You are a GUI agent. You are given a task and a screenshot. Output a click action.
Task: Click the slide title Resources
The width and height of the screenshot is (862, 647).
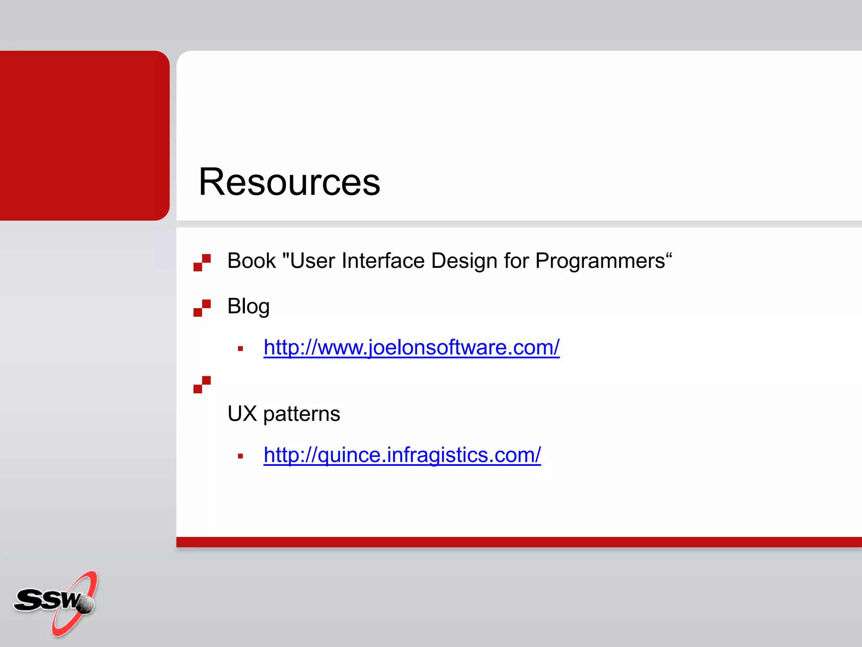[x=289, y=182]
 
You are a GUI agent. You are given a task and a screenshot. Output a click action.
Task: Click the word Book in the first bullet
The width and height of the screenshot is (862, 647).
[x=251, y=261]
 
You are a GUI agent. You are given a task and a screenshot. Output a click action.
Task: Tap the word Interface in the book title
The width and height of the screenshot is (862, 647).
[x=383, y=261]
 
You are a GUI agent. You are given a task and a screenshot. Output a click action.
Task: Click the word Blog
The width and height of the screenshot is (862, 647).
[x=248, y=306]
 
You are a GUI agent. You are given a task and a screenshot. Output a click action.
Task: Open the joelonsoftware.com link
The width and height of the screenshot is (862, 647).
[x=411, y=348]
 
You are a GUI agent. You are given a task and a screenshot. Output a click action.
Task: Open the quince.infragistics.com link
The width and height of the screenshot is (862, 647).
[x=402, y=455]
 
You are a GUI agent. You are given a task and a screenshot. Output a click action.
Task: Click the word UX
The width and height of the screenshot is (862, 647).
[x=242, y=414]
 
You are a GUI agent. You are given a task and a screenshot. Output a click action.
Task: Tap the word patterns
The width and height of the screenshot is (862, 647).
[x=301, y=414]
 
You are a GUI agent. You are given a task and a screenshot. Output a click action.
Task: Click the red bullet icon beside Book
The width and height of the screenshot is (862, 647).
[x=202, y=262]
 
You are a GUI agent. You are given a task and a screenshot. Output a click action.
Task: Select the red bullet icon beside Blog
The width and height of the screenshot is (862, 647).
[x=202, y=308]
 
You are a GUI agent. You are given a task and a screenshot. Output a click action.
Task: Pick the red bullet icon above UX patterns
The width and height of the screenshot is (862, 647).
[x=202, y=385]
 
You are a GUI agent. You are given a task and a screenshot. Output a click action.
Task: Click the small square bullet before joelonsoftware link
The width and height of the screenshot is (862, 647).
[x=240, y=349]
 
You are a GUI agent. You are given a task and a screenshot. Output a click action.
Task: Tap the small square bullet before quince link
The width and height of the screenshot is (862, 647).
[x=240, y=456]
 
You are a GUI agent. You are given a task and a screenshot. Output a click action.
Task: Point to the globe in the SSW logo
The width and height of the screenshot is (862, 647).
[x=86, y=605]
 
